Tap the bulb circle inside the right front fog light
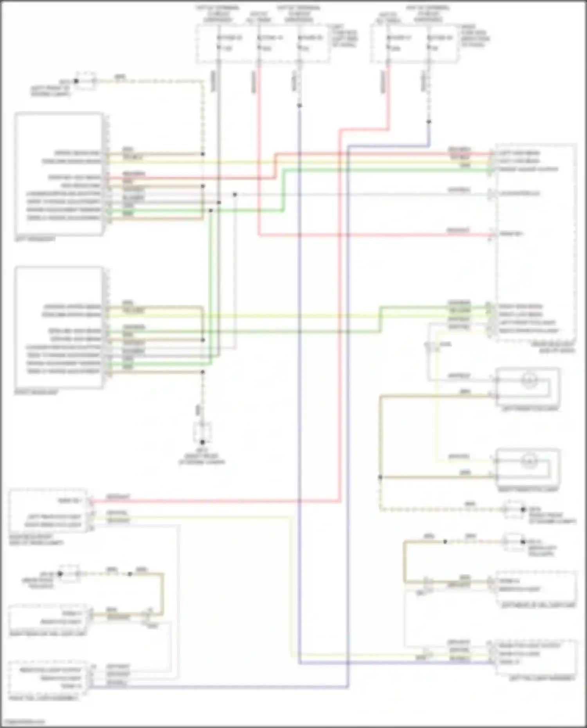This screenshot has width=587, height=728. [529, 462]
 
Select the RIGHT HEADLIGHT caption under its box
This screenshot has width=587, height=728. [36, 392]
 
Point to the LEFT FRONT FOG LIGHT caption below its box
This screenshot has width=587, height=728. [531, 409]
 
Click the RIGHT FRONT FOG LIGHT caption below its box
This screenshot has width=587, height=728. [528, 489]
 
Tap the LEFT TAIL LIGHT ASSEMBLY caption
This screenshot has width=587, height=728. [542, 678]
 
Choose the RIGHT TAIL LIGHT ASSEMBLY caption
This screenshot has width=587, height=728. [44, 698]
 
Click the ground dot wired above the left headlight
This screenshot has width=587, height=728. [76, 81]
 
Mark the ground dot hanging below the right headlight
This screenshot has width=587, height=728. [202, 442]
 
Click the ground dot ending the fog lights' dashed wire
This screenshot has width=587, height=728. [523, 509]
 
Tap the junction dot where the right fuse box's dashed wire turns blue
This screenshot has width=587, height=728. [429, 122]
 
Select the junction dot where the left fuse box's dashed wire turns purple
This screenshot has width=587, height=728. [299, 106]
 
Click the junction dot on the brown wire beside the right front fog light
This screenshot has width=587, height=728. [380, 477]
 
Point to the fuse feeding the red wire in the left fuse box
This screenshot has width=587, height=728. [259, 47]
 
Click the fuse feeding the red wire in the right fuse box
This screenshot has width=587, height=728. [388, 47]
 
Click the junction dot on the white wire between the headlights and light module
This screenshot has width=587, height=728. [235, 194]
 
